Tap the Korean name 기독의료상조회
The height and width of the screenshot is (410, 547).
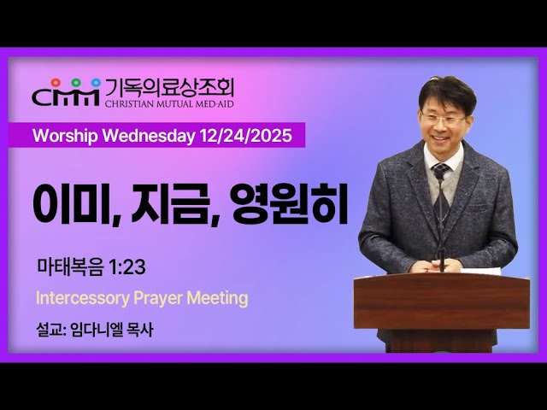[x=169, y=85]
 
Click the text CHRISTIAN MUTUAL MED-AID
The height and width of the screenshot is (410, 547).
[x=169, y=102]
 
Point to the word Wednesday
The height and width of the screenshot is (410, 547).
[x=147, y=136]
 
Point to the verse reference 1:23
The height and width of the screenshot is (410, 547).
[x=126, y=267]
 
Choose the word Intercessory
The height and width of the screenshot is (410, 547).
[x=79, y=298]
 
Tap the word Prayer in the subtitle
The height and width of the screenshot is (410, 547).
[x=158, y=298]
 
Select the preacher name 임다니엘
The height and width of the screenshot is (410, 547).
[x=97, y=329]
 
